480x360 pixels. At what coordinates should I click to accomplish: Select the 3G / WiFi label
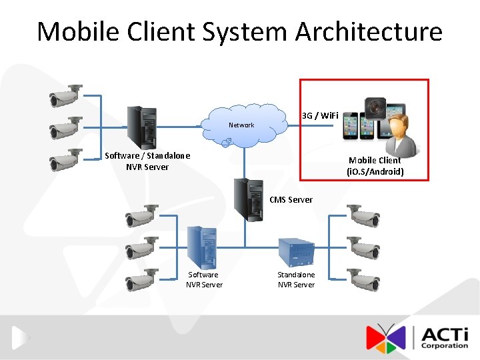coord(321,116)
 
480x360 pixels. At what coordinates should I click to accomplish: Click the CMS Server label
coord(291,199)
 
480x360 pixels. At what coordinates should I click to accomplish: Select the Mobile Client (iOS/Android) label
coord(375,166)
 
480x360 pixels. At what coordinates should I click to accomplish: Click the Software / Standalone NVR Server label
coord(147,161)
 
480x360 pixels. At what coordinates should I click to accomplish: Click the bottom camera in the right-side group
coord(364,280)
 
